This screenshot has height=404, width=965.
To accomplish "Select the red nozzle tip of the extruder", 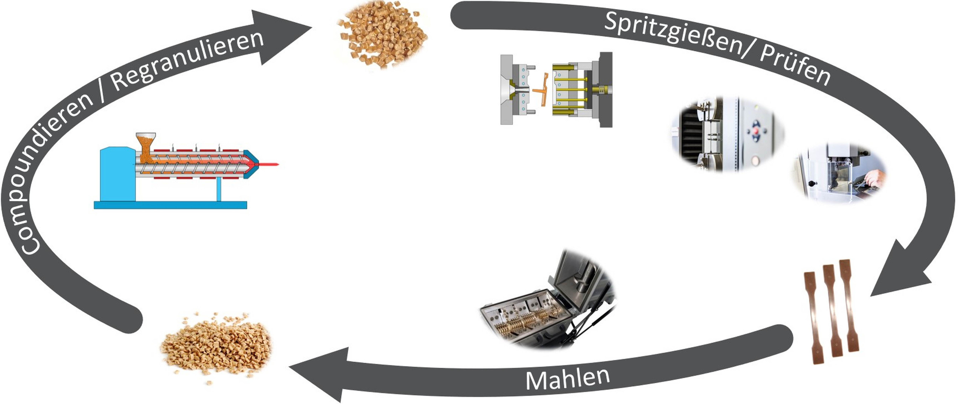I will [270, 164].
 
